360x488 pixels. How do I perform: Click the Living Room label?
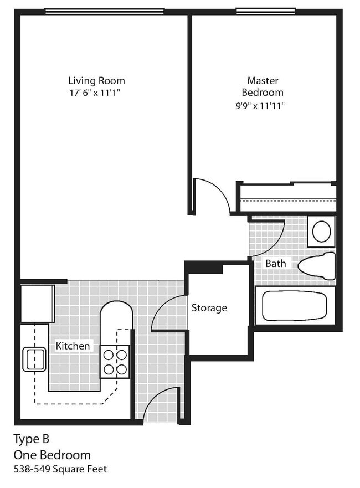[x=96, y=80]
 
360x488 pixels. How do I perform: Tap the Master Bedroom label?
[x=262, y=86]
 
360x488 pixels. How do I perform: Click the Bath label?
[x=275, y=263]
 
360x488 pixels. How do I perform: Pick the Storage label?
[x=209, y=307]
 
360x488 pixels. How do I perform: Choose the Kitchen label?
[x=73, y=346]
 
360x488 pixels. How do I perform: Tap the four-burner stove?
[x=115, y=362]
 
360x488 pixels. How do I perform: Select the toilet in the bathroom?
[x=317, y=266]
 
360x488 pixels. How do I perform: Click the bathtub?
[x=294, y=305]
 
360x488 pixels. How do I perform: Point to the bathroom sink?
[x=321, y=232]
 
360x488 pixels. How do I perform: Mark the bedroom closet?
[x=287, y=198]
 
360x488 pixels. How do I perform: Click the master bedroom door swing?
[x=213, y=195]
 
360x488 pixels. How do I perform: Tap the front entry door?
[x=161, y=404]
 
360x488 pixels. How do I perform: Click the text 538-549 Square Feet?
[x=60, y=469]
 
